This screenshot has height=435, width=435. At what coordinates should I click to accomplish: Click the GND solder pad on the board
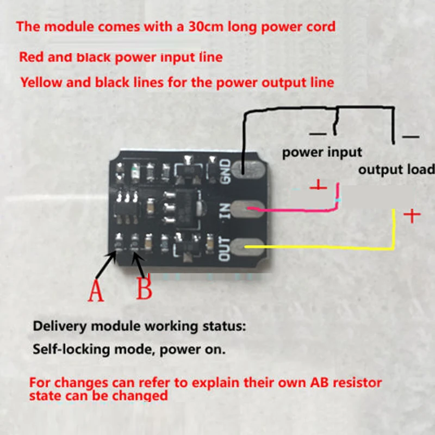click(x=248, y=169)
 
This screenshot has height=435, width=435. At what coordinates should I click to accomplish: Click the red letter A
click(x=96, y=290)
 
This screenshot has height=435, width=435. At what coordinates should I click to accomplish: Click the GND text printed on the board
click(x=225, y=171)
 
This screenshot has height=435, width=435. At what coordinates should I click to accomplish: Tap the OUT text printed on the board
click(x=225, y=249)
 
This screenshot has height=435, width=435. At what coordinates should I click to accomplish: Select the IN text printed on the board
click(x=225, y=210)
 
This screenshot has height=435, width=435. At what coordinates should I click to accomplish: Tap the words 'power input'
click(x=322, y=153)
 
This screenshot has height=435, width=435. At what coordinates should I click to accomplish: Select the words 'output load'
click(x=396, y=169)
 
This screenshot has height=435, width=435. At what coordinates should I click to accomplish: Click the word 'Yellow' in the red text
click(x=42, y=83)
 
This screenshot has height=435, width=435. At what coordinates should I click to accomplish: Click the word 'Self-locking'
click(x=71, y=349)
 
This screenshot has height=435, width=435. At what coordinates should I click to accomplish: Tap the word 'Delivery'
click(x=60, y=326)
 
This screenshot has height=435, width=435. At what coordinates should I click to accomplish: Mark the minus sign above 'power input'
click(x=318, y=134)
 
